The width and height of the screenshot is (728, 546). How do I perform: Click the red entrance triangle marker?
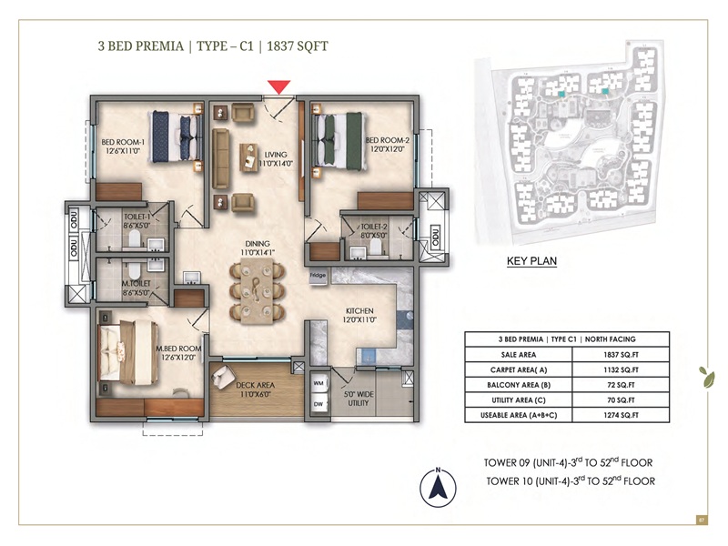(x=279, y=86)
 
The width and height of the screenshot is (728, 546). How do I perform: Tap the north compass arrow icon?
(x=439, y=489)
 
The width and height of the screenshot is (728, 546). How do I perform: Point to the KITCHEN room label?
(x=360, y=316)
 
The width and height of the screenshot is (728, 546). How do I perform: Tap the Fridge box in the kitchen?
(x=318, y=275)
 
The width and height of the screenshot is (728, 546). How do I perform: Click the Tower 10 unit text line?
(x=570, y=480)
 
